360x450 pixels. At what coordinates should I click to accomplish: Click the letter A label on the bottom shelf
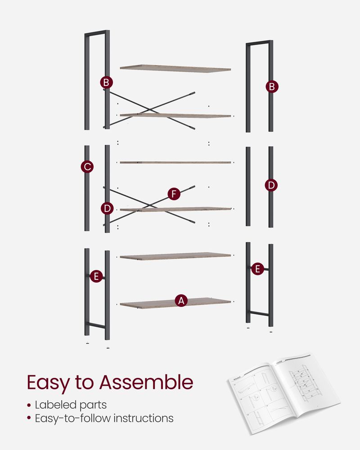click(x=181, y=301)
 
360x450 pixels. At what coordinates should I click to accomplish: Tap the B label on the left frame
click(x=106, y=83)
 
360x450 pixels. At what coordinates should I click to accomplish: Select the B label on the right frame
click(x=271, y=86)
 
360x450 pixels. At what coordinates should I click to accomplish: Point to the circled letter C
click(x=87, y=167)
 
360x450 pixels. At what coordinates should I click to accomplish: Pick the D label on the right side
click(x=271, y=185)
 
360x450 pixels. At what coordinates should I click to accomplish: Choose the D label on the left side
click(x=107, y=208)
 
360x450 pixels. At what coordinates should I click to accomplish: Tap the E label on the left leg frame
click(x=96, y=276)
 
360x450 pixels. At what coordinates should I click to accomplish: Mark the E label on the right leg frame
click(x=257, y=269)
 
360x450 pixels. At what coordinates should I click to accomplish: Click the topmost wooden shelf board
click(x=175, y=68)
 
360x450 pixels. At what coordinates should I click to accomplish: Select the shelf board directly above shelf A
click(x=175, y=256)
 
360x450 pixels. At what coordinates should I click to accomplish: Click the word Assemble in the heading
click(x=146, y=382)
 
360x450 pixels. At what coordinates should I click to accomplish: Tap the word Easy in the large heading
click(x=47, y=382)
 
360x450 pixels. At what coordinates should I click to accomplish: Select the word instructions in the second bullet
click(x=144, y=418)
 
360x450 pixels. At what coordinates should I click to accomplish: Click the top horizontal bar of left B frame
click(x=95, y=33)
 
